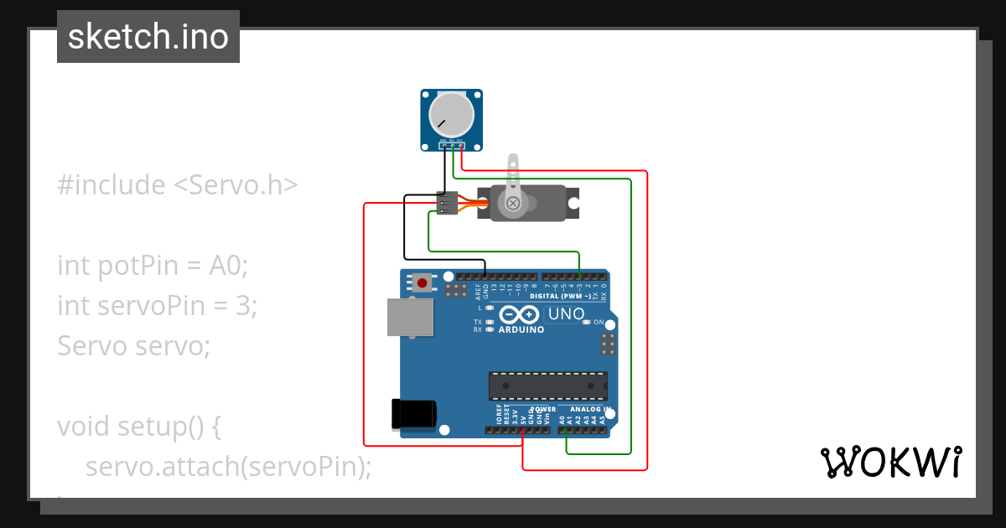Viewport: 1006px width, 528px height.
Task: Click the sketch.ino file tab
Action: click(148, 37)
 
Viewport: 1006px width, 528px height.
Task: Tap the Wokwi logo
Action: click(889, 462)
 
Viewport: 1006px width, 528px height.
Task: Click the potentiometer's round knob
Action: click(451, 115)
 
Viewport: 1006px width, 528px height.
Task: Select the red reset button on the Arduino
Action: click(422, 283)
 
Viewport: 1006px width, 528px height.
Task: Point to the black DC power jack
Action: click(414, 413)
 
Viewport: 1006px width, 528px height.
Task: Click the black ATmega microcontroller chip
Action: click(548, 386)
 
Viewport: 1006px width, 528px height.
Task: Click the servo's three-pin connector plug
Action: click(448, 204)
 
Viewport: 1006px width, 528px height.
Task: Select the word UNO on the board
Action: click(565, 315)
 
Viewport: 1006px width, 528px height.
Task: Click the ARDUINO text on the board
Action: click(521, 329)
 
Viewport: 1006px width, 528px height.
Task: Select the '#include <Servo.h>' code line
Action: click(177, 185)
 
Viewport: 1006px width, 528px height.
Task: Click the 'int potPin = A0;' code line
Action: click(153, 266)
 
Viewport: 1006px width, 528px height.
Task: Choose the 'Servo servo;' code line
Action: click(133, 345)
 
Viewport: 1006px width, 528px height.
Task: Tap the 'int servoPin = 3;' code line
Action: click(157, 306)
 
